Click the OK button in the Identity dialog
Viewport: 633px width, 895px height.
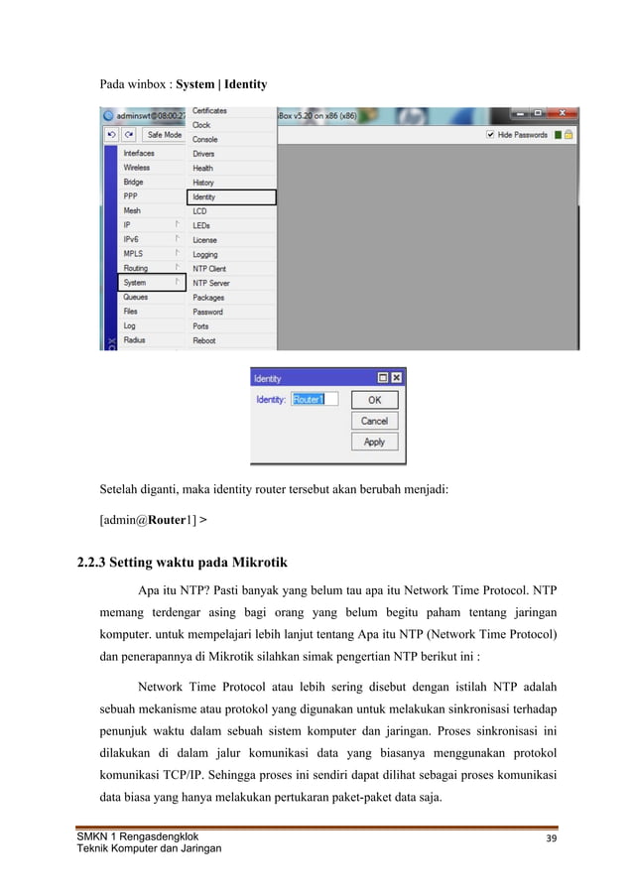tap(374, 400)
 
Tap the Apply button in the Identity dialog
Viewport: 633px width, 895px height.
tap(374, 442)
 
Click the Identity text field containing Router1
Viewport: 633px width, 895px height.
tap(315, 399)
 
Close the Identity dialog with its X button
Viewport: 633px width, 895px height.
tap(396, 378)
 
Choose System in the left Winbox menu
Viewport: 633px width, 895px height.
tap(135, 283)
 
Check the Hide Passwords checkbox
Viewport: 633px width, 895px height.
tap(490, 134)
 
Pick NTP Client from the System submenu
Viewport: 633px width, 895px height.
tap(209, 269)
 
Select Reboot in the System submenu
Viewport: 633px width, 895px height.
tap(204, 340)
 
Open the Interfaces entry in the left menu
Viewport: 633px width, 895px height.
tap(139, 154)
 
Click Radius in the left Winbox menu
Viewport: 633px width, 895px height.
tap(134, 340)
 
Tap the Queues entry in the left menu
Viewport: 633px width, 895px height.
tap(136, 298)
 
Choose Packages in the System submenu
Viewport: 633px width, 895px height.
tap(208, 298)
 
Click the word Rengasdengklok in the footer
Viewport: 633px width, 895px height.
tap(157, 836)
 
